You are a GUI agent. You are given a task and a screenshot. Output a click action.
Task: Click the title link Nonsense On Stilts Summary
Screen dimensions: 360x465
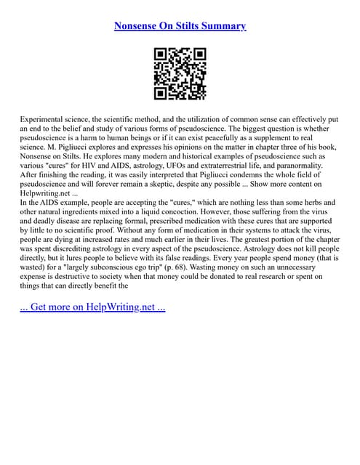click(x=180, y=26)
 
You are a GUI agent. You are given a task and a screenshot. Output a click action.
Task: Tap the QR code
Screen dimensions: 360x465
click(x=180, y=73)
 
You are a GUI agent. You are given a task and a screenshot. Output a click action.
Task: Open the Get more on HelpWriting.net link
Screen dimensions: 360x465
click(x=92, y=307)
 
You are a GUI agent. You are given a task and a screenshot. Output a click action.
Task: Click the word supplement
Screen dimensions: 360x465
click(x=288, y=137)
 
